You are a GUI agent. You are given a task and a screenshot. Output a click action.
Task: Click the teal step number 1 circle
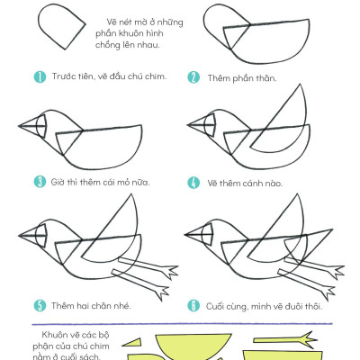point(40,77)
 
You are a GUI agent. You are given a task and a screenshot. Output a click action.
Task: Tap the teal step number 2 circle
point(193,77)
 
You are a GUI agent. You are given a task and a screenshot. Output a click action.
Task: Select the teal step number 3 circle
point(40,182)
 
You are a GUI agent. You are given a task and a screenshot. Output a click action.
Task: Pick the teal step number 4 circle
point(193,183)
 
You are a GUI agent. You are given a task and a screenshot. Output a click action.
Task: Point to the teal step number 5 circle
point(40,306)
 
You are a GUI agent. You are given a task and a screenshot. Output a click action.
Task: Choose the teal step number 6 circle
point(193,306)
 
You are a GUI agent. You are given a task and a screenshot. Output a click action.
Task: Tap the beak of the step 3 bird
point(32,126)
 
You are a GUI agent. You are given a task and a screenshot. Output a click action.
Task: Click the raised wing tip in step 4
point(300,85)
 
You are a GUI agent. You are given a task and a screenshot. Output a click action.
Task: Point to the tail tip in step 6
point(332,229)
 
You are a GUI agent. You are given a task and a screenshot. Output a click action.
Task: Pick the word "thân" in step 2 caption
point(265,78)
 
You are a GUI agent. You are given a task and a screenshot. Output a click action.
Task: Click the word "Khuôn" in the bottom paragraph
point(56,335)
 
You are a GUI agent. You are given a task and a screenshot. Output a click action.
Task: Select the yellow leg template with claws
point(285,339)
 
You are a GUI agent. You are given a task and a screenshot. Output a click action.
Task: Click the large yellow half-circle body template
point(193,346)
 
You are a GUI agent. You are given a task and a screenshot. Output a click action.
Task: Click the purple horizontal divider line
point(183,324)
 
